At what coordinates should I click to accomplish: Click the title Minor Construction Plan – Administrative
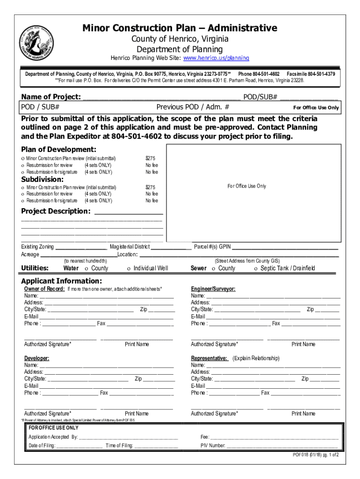[x=180, y=28]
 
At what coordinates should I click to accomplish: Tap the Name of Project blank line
[x=161, y=98]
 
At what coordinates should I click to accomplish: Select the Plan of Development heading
[x=59, y=149]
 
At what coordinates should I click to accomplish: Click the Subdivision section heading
[x=43, y=179]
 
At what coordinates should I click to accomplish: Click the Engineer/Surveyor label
[x=213, y=289]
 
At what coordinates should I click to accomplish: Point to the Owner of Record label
[x=44, y=289]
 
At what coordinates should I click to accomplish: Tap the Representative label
[x=209, y=358]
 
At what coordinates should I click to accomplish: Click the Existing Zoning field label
[x=37, y=247]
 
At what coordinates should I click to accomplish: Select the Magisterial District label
[x=130, y=247]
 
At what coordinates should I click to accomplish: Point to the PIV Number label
[x=213, y=446]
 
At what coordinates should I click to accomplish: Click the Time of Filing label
[x=119, y=446]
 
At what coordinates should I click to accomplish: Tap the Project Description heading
[x=56, y=211]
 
